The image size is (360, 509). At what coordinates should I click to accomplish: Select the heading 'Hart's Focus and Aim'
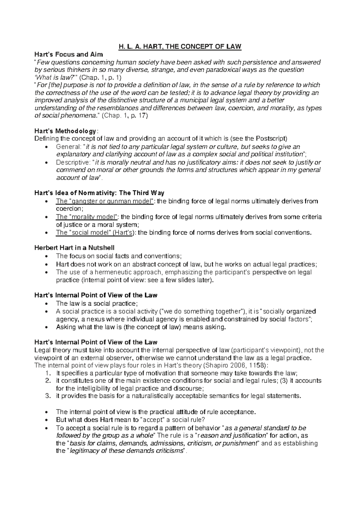(x=69, y=54)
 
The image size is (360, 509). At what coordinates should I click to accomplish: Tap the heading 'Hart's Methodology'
(x=66, y=131)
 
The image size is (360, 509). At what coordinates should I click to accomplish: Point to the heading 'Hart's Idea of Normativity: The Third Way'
(x=99, y=193)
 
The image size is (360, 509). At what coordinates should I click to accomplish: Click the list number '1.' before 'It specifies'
(x=49, y=373)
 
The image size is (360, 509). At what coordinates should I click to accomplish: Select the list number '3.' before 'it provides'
(x=49, y=396)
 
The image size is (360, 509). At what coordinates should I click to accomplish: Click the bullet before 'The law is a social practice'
(x=46, y=303)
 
